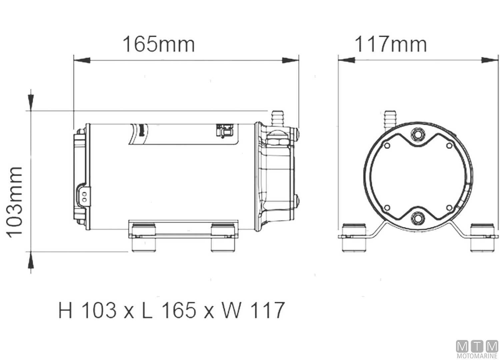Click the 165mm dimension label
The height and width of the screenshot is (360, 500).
pos(159,44)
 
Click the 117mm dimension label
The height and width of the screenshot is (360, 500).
pos(391,44)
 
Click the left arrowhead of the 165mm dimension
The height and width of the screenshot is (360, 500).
pos(82,60)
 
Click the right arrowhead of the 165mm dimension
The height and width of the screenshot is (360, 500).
pos(290,60)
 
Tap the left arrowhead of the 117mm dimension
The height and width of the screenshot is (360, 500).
pos(347,60)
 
